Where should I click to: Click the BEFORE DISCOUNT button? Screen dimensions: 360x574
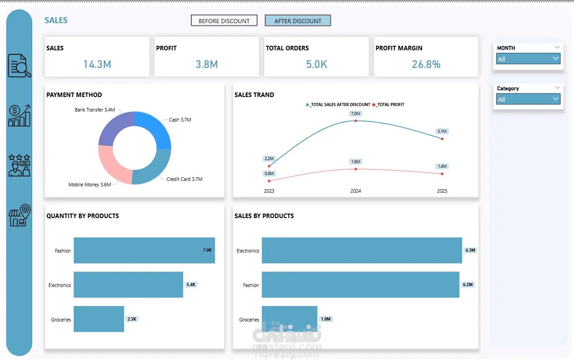point(224,21)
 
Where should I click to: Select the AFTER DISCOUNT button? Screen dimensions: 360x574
point(298,21)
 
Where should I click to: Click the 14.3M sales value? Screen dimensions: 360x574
point(97,64)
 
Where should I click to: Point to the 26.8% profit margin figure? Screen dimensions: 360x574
point(426,64)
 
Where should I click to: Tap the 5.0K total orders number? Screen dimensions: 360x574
point(316,64)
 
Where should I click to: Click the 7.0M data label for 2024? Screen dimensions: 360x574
point(355,113)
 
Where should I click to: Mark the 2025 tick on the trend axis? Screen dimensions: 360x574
point(442,191)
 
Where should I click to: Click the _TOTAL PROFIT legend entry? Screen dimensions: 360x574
point(389,105)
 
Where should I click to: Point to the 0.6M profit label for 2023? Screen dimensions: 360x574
point(269,173)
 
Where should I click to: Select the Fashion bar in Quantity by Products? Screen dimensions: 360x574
point(144,250)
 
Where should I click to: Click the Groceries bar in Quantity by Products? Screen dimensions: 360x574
point(99,319)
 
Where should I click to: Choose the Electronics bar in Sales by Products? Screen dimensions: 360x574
point(362,250)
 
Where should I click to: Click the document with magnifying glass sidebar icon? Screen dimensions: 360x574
point(19,66)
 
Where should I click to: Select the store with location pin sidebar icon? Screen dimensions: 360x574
point(19,216)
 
